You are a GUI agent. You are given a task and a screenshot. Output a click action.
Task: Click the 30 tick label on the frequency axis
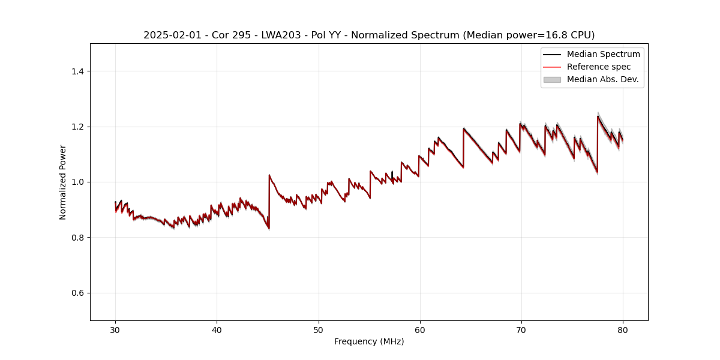tap(115, 329)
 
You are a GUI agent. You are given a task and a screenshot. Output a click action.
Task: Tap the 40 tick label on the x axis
tap(217, 329)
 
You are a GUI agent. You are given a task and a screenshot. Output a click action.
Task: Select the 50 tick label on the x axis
tap(319, 329)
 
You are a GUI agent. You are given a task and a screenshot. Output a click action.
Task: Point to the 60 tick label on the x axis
tap(420, 329)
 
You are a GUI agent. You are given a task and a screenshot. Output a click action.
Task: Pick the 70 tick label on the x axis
tap(521, 329)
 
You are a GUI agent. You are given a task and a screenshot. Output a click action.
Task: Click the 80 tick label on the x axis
tap(623, 329)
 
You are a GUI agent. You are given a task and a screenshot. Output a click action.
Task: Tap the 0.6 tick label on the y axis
tap(77, 293)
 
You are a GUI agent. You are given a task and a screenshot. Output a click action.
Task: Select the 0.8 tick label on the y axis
tap(77, 238)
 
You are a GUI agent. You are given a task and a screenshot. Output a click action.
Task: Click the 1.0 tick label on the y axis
tap(77, 182)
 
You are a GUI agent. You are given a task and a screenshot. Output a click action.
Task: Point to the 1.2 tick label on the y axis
tap(77, 127)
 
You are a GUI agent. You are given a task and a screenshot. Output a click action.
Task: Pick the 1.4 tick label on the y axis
tap(77, 71)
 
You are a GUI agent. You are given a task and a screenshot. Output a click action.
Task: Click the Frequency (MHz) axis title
tap(369, 341)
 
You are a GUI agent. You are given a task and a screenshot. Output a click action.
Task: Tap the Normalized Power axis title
tap(63, 182)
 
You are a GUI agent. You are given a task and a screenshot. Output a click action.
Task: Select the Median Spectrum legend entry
tap(603, 54)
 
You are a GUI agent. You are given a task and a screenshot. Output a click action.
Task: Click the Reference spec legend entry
tap(598, 67)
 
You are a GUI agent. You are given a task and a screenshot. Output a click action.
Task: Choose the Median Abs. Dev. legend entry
tap(602, 79)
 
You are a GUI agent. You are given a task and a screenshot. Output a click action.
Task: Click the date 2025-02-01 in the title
tap(170, 35)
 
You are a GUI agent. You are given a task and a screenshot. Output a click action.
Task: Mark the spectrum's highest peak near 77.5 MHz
tap(598, 116)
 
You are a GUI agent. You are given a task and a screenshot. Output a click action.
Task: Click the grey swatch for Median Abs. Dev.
tap(552, 79)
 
